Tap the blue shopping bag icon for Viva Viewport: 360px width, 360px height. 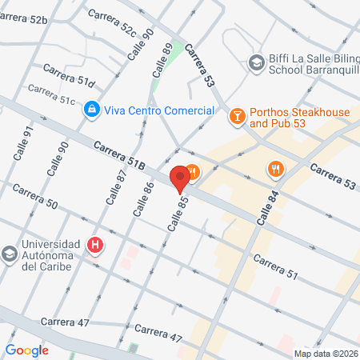(93, 108)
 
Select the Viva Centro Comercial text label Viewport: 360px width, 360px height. (159, 110)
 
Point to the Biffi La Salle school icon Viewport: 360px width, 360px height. (256, 62)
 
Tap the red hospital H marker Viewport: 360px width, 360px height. (95, 244)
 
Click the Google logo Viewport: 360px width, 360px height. (27, 350)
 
